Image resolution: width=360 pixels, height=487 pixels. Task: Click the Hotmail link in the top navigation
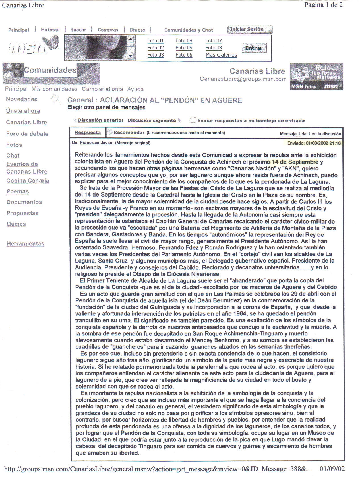click(50, 30)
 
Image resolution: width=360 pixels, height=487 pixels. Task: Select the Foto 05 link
click(184, 48)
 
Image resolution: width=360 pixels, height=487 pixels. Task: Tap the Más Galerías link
click(221, 55)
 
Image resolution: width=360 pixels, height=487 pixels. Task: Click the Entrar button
click(254, 48)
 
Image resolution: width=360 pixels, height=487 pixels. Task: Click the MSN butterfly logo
click(33, 46)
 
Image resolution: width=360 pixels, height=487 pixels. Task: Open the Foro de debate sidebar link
click(27, 134)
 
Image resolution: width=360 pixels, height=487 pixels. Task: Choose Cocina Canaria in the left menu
click(28, 181)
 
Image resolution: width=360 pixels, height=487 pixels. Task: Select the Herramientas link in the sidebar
click(25, 243)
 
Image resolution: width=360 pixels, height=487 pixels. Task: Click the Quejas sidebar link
click(16, 224)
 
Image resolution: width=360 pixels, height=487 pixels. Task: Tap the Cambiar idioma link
click(102, 89)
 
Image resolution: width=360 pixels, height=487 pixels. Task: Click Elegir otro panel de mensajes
click(106, 107)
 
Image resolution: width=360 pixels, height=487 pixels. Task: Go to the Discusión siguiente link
click(152, 120)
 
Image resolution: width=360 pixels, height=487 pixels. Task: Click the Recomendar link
click(129, 132)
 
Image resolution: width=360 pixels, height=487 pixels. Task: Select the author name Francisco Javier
click(96, 143)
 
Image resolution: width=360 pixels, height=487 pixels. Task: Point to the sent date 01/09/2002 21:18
click(314, 143)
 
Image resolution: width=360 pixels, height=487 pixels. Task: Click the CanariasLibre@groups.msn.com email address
click(243, 79)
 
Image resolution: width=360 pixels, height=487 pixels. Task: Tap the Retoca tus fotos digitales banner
click(316, 77)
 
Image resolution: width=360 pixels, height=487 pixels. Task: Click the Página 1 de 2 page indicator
click(323, 5)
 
